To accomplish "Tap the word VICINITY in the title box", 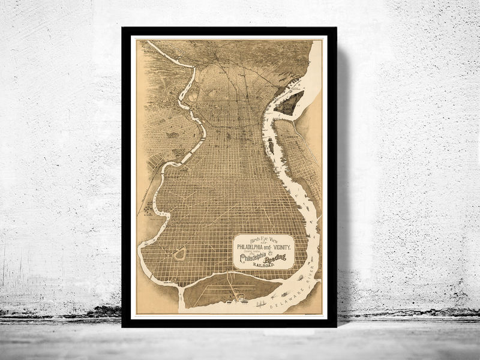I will click(x=280, y=247).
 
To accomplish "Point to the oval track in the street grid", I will click(x=179, y=254).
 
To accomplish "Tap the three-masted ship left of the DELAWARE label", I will click(x=261, y=303).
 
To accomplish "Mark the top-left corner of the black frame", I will click(x=122, y=28).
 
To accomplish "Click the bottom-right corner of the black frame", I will click(x=335, y=326).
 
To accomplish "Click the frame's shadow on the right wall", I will click(x=343, y=180).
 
